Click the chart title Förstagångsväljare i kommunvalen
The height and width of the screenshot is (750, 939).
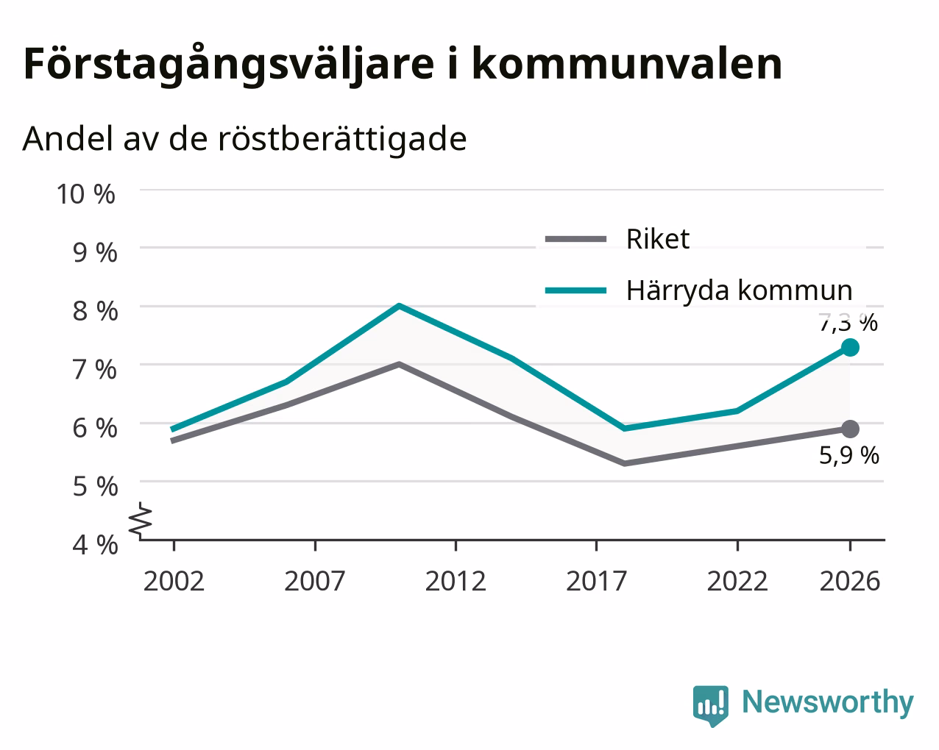tap(403, 65)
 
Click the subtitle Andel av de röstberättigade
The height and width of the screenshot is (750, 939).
tap(244, 139)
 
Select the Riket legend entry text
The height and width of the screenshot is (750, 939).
tap(658, 239)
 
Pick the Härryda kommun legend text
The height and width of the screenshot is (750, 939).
tap(739, 291)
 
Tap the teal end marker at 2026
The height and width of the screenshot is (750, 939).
tap(850, 348)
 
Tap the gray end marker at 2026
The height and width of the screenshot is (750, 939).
tap(850, 429)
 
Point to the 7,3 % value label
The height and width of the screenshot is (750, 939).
tap(848, 323)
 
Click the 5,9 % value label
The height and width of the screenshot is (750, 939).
tap(849, 456)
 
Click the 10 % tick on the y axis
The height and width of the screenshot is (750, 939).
tap(86, 194)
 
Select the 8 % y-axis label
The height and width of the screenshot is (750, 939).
tap(95, 311)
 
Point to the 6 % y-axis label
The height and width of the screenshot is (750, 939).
tap(95, 428)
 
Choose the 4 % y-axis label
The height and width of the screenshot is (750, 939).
tap(95, 545)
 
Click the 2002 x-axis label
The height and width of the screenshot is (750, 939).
tap(174, 581)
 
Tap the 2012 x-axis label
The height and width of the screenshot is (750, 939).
tap(456, 581)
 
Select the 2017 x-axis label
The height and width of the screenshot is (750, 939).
tap(597, 581)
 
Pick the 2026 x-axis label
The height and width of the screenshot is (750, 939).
tap(850, 581)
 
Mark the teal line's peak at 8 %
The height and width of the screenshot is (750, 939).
tap(400, 306)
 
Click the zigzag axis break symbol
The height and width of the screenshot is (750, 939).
tap(141, 519)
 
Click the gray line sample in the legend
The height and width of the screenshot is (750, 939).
tap(576, 239)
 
